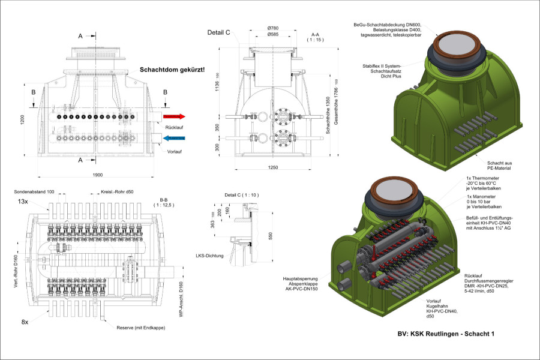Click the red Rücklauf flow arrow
pyautogui.click(x=175, y=116)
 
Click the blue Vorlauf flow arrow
pyautogui.click(x=175, y=138)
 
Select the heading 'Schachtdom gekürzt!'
pyautogui.click(x=172, y=70)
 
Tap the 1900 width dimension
pyautogui.click(x=98, y=175)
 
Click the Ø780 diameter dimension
pyautogui.click(x=273, y=28)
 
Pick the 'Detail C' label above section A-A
pyautogui.click(x=219, y=32)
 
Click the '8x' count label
pyautogui.click(x=25, y=322)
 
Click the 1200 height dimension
pyautogui.click(x=23, y=119)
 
